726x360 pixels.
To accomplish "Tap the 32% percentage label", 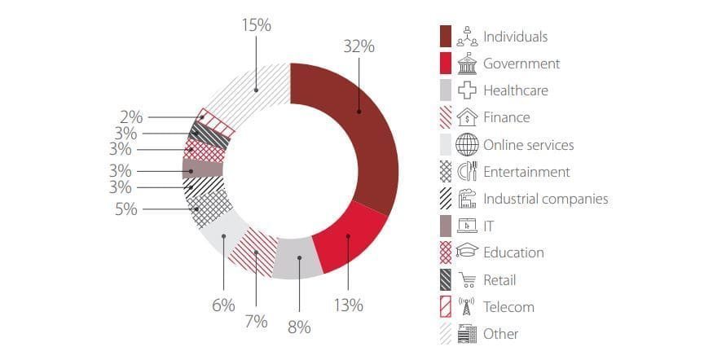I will [359, 46].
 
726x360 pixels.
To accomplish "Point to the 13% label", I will [348, 305].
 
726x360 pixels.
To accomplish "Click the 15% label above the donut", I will [256, 25].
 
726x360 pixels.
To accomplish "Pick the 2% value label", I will [132, 117].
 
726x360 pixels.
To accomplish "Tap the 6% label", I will [222, 305].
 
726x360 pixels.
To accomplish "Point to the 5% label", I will [126, 209].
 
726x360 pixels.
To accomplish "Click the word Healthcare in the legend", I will [515, 90].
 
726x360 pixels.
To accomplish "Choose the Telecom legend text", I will [508, 307].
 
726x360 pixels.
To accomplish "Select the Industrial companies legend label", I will [545, 199].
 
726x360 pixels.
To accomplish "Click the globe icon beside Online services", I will [467, 145].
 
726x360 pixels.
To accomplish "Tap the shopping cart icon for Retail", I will [467, 280].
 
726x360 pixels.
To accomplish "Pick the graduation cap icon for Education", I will [467, 253].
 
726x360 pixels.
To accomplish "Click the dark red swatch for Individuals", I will [446, 37].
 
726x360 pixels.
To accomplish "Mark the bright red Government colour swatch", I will [446, 64].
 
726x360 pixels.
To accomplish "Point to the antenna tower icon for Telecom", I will [467, 307].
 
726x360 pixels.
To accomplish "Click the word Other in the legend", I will [500, 334].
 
